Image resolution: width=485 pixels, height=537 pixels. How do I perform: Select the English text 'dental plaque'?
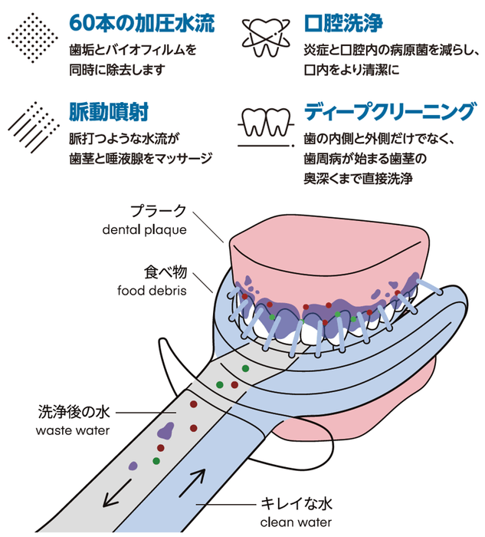[x=144, y=229]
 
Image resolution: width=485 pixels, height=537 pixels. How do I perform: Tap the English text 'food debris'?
[x=152, y=290]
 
